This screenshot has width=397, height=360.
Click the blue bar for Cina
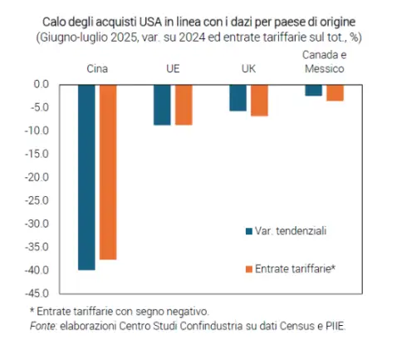[86, 177]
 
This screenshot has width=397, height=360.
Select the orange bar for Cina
[108, 172]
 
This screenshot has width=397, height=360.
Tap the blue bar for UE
[162, 105]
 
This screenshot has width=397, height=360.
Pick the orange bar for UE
[184, 105]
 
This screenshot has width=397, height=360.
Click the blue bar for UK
[238, 98]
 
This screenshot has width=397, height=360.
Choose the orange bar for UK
[259, 101]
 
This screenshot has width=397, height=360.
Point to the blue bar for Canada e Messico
[314, 91]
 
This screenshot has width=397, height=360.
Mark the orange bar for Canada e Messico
[335, 93]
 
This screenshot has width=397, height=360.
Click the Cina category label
[97, 68]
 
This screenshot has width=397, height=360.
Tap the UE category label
[173, 68]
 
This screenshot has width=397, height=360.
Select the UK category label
[248, 68]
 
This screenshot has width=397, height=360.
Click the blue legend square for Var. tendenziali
[249, 231]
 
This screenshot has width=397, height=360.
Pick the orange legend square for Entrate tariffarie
[249, 269]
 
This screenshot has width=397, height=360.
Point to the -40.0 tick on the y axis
[37, 270]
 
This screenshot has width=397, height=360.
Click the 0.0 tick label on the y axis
[42, 84]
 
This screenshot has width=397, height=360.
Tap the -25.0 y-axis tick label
[37, 200]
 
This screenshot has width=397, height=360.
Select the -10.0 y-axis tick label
[37, 131]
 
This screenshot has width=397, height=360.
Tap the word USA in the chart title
[150, 22]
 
